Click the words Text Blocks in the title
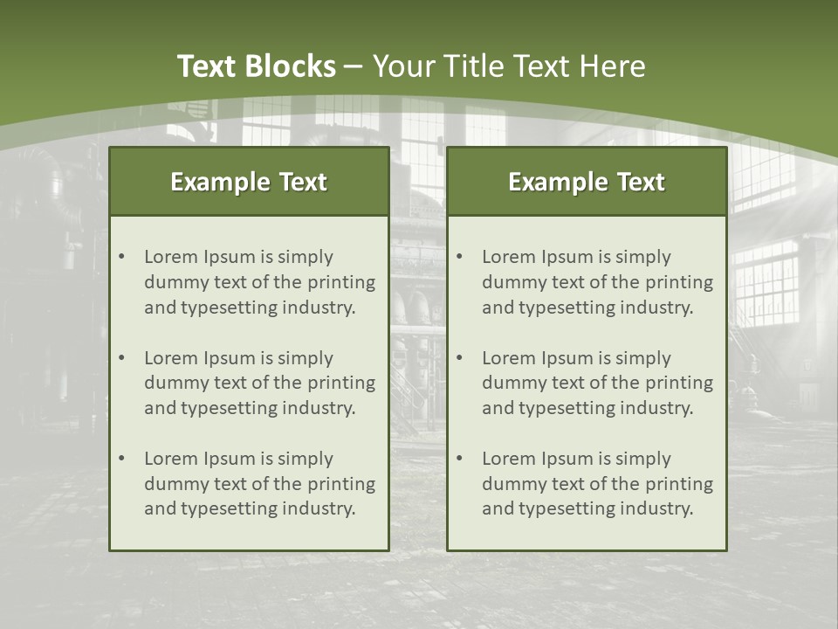click(256, 66)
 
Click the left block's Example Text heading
click(249, 182)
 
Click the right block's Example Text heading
click(587, 182)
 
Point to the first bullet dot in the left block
click(121, 257)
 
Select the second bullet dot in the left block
click(121, 358)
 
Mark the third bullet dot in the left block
click(121, 459)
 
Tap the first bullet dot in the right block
click(459, 257)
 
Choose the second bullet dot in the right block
click(459, 358)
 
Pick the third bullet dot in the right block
click(459, 459)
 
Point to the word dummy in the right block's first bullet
click(512, 282)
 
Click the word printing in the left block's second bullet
click(343, 383)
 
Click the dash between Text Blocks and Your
click(354, 66)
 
